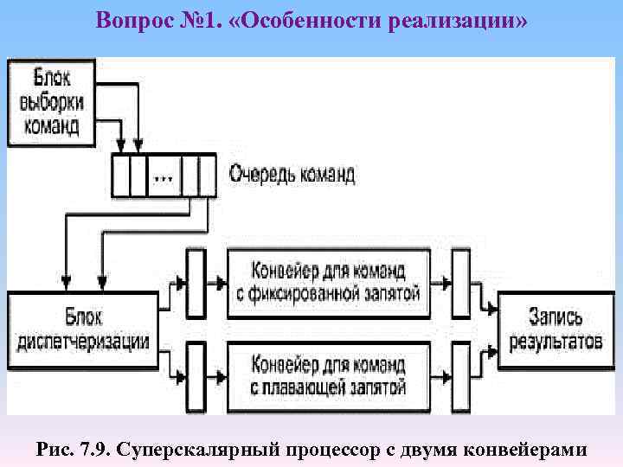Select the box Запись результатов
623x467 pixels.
554,328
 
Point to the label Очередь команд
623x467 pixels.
292,174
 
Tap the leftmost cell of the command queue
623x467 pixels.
121,176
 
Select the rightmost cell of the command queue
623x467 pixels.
206,176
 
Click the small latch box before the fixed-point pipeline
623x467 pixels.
196,283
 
